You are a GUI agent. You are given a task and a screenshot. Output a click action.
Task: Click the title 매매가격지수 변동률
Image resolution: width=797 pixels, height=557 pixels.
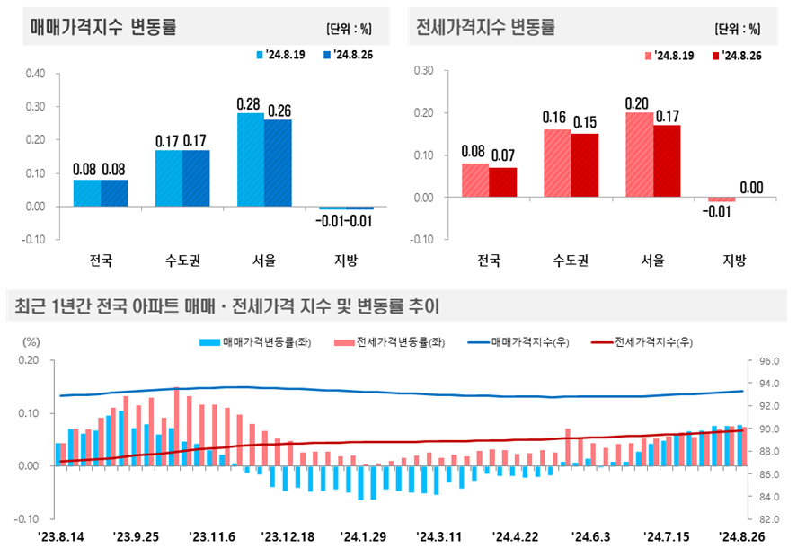pyautogui.click(x=103, y=27)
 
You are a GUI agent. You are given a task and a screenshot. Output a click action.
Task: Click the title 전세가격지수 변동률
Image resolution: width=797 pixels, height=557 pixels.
pyautogui.click(x=486, y=27)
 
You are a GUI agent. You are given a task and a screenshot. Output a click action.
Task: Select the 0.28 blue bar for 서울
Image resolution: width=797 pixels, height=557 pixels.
pyautogui.click(x=251, y=160)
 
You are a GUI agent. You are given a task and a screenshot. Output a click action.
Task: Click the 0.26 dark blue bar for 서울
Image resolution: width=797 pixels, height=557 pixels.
pyautogui.click(x=278, y=163)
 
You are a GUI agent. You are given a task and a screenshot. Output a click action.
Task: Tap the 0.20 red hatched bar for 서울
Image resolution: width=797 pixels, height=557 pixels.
pyautogui.click(x=639, y=154)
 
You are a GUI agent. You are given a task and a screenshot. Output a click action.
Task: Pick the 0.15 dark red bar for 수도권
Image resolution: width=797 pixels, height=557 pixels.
pyautogui.click(x=584, y=165)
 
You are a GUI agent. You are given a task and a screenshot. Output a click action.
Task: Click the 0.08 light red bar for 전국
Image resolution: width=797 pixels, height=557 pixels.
pyautogui.click(x=475, y=180)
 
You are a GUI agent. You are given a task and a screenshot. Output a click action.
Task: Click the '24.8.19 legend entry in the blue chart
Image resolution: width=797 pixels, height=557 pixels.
pyautogui.click(x=280, y=55)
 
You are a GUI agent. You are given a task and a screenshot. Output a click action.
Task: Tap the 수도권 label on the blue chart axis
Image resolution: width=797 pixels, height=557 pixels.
pyautogui.click(x=182, y=261)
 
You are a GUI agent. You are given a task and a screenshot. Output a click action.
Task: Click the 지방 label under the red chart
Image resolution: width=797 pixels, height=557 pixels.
pyautogui.click(x=734, y=261)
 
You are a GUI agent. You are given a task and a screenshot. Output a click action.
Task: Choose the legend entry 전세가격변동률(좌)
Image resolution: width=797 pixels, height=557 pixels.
pyautogui.click(x=390, y=342)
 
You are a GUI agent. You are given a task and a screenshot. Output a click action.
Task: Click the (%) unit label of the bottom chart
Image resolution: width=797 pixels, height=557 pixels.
pyautogui.click(x=31, y=342)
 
